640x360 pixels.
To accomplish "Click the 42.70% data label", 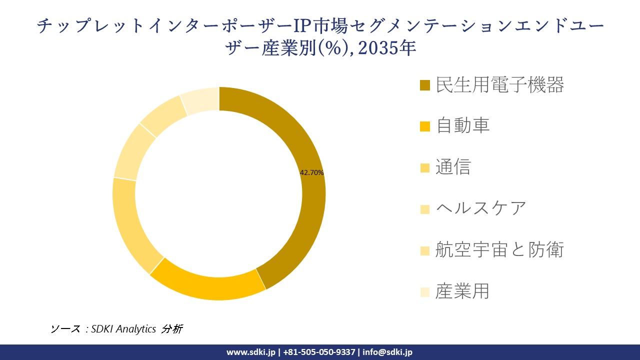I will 311,172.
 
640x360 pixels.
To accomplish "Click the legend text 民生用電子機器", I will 500,85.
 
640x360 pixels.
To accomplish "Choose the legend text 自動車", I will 462,125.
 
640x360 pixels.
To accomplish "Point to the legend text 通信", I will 453,167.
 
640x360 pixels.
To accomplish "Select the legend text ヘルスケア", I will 481,208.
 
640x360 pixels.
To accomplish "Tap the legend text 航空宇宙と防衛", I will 499,249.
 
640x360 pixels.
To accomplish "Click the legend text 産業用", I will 462,290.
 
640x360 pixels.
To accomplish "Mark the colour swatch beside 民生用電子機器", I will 425,85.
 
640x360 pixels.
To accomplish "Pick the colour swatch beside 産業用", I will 425,291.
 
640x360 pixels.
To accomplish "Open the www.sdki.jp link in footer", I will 250,352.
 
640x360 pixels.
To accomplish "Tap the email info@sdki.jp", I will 387,352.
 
